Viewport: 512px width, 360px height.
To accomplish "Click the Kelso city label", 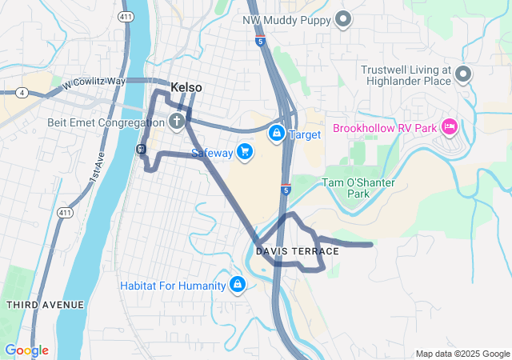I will click(x=186, y=87).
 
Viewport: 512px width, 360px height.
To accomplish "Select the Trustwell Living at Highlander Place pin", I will click(x=463, y=75).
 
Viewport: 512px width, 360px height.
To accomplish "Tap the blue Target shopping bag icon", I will click(x=276, y=132).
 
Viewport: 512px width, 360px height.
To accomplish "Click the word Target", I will click(x=305, y=134).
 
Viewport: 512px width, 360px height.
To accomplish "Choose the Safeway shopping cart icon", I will click(x=245, y=151).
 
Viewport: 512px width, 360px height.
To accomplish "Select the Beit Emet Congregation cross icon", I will click(x=176, y=122).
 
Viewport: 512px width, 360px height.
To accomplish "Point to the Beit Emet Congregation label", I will click(x=94, y=123).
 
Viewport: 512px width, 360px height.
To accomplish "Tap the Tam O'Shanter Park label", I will click(x=358, y=188).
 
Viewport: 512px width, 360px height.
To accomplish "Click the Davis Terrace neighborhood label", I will click(x=298, y=251).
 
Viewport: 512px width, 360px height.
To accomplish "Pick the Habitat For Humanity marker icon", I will click(x=238, y=285).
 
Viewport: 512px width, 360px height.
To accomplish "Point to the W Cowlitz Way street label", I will click(x=95, y=82).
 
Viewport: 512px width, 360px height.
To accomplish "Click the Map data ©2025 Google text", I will click(x=462, y=354).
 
